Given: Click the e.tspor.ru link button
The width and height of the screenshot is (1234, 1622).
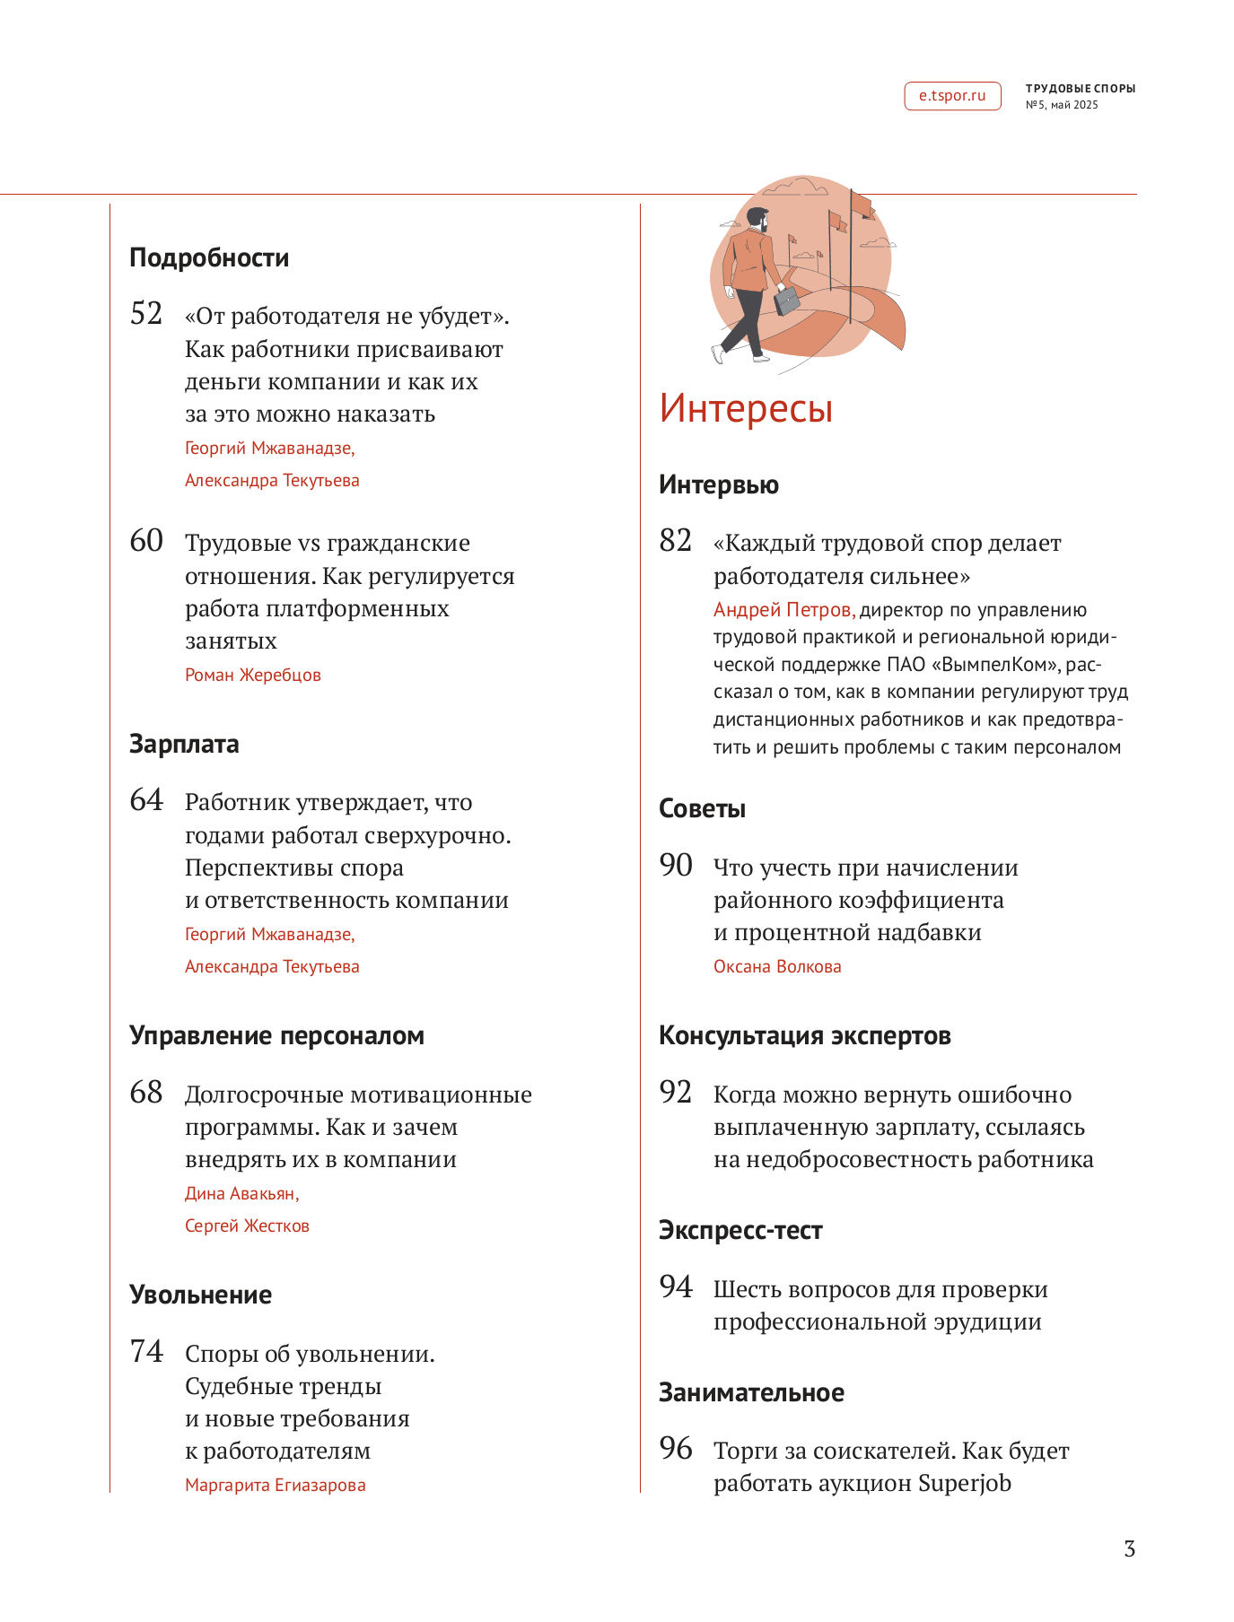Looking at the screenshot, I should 951,96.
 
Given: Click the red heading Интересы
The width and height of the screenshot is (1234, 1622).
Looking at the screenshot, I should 746,408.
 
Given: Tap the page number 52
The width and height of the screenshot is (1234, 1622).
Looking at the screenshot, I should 146,314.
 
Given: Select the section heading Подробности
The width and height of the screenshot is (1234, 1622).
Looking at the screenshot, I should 209,258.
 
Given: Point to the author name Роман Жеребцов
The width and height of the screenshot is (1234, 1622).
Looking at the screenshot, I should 252,676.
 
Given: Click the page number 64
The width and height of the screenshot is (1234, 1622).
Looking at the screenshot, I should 146,800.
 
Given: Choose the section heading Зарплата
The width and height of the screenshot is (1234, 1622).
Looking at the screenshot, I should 184,745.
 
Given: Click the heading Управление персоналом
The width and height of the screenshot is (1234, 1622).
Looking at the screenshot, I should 276,1036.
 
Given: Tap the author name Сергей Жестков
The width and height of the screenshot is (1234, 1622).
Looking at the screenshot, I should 247,1226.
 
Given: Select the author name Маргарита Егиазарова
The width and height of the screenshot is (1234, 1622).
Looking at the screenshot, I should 275,1486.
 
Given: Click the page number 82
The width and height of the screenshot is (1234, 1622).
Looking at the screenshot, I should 676,541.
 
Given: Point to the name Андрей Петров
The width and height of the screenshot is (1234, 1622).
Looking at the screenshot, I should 783,610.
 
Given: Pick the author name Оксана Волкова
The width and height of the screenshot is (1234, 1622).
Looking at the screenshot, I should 777,967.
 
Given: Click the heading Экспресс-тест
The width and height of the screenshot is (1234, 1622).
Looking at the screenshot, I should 740,1231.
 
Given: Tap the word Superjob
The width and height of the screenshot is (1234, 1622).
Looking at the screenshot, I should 965,1484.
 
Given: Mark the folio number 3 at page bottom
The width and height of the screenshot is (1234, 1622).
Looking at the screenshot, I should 1129,1549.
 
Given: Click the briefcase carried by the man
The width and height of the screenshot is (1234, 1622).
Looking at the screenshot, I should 786,300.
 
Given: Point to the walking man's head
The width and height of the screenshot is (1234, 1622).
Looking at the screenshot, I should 758,219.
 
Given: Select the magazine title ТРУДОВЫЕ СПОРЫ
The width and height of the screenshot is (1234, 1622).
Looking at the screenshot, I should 1081,89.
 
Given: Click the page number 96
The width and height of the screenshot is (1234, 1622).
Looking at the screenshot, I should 676,1449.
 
